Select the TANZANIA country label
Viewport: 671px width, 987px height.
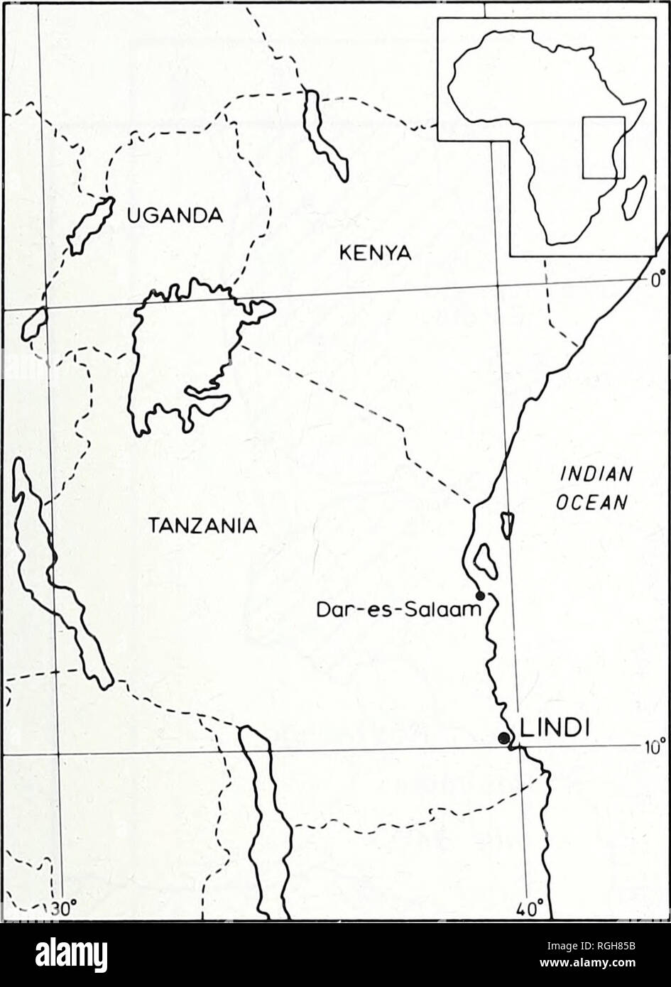tap(202, 526)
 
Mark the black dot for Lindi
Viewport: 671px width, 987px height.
tap(503, 737)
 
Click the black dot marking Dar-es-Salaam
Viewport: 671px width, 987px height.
tap(480, 595)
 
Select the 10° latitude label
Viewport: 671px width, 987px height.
tap(654, 746)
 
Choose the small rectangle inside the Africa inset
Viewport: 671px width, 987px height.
tap(604, 147)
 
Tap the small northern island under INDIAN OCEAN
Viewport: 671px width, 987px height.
tap(507, 525)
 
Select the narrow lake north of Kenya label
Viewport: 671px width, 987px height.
tap(324, 135)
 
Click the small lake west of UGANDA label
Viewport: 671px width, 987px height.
tap(91, 224)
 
